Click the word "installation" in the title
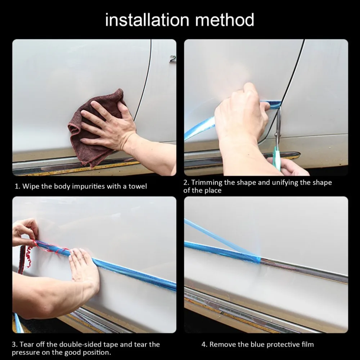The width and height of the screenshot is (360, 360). click(147, 20)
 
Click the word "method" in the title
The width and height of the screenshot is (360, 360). click(225, 20)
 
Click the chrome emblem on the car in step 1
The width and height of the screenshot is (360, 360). click(173, 59)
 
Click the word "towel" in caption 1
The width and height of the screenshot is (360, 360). click(138, 186)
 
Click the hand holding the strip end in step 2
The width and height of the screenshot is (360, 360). click(241, 115)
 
